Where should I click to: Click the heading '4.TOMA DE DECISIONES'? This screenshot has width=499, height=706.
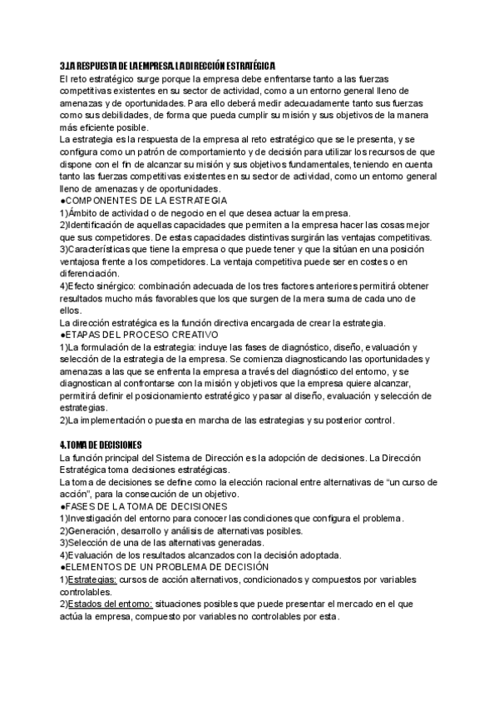pyautogui.click(x=101, y=445)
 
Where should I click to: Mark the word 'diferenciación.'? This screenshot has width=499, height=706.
pyautogui.click(x=90, y=274)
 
